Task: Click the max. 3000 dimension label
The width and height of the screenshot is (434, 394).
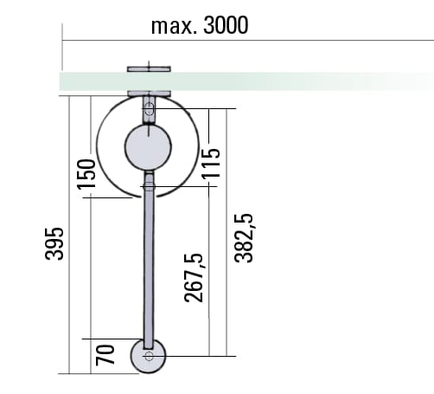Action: pos(200,25)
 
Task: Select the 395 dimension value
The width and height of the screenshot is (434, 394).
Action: pos(54,244)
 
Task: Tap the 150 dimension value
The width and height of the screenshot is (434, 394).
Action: pos(86,174)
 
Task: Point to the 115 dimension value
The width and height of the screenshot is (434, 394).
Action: pos(211,164)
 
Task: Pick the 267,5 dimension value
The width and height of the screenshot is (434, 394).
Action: pos(194,278)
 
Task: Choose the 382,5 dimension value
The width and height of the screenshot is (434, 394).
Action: pos(244,238)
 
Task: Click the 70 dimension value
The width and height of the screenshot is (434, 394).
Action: pos(105,355)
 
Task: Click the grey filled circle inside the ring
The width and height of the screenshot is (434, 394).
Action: pos(148,147)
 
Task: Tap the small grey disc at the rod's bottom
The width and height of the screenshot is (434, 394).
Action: pos(149,356)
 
